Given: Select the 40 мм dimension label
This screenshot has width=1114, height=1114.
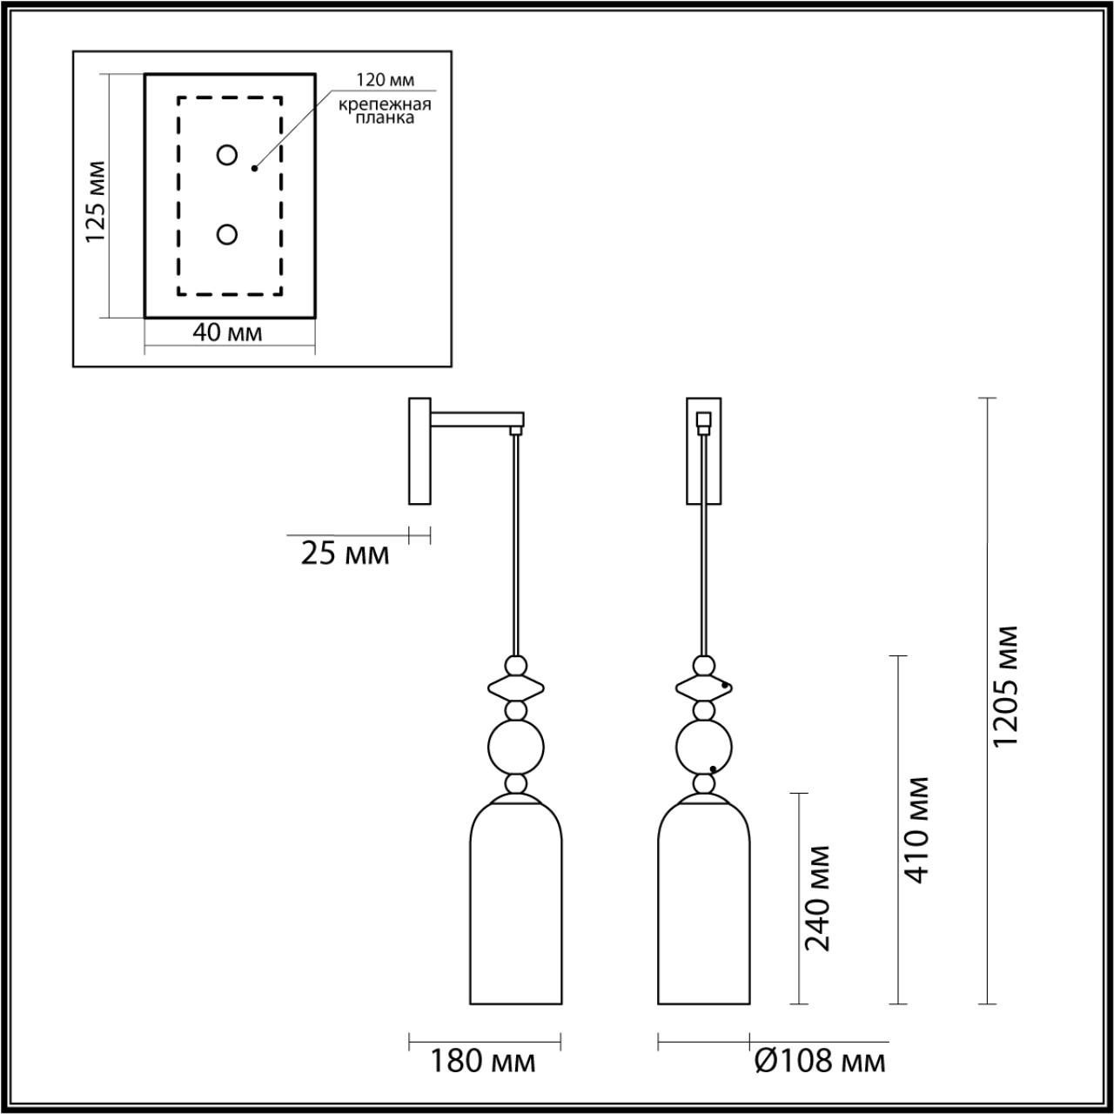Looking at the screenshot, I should (x=228, y=333).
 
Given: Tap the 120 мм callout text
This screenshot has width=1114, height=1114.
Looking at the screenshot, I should (x=385, y=80).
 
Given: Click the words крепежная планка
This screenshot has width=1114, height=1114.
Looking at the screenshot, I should (x=386, y=111).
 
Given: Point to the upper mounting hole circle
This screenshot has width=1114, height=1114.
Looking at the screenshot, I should (x=227, y=155).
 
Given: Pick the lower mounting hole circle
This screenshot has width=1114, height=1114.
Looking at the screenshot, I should (x=227, y=234).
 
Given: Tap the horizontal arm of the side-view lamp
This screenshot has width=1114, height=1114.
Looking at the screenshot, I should (x=474, y=422).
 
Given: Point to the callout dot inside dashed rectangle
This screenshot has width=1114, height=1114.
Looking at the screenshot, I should (x=254, y=168).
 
